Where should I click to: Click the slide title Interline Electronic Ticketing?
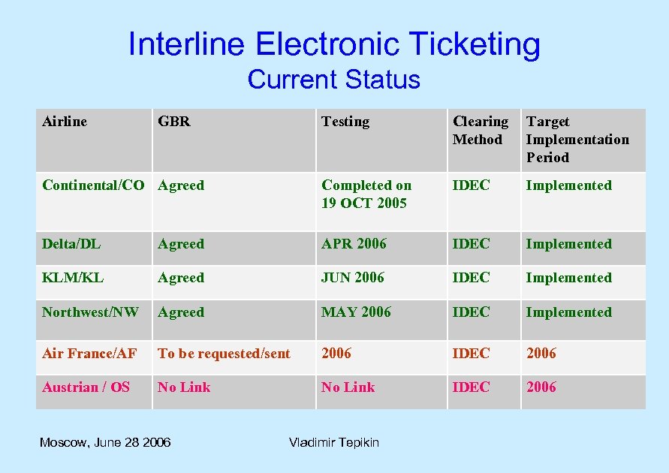(x=334, y=44)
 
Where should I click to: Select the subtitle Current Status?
(x=333, y=79)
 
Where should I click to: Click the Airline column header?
(x=65, y=122)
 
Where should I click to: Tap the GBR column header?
(x=174, y=122)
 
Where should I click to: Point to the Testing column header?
(x=345, y=122)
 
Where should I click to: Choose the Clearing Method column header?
(x=481, y=131)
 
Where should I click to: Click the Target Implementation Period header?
(x=577, y=140)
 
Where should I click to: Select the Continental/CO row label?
(x=93, y=185)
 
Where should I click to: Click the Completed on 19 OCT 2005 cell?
(x=366, y=194)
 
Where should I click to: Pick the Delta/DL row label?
(x=71, y=244)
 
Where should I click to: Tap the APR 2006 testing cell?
(x=354, y=244)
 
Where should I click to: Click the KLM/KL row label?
(x=73, y=278)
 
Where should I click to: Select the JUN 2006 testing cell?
(x=352, y=278)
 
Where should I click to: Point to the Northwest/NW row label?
(x=90, y=312)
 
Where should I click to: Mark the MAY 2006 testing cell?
(x=356, y=312)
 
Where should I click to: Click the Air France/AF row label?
(x=89, y=354)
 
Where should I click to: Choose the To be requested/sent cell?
(x=224, y=354)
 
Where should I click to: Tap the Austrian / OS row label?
(x=86, y=387)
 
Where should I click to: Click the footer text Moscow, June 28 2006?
(x=105, y=442)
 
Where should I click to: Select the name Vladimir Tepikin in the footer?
(x=334, y=442)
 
